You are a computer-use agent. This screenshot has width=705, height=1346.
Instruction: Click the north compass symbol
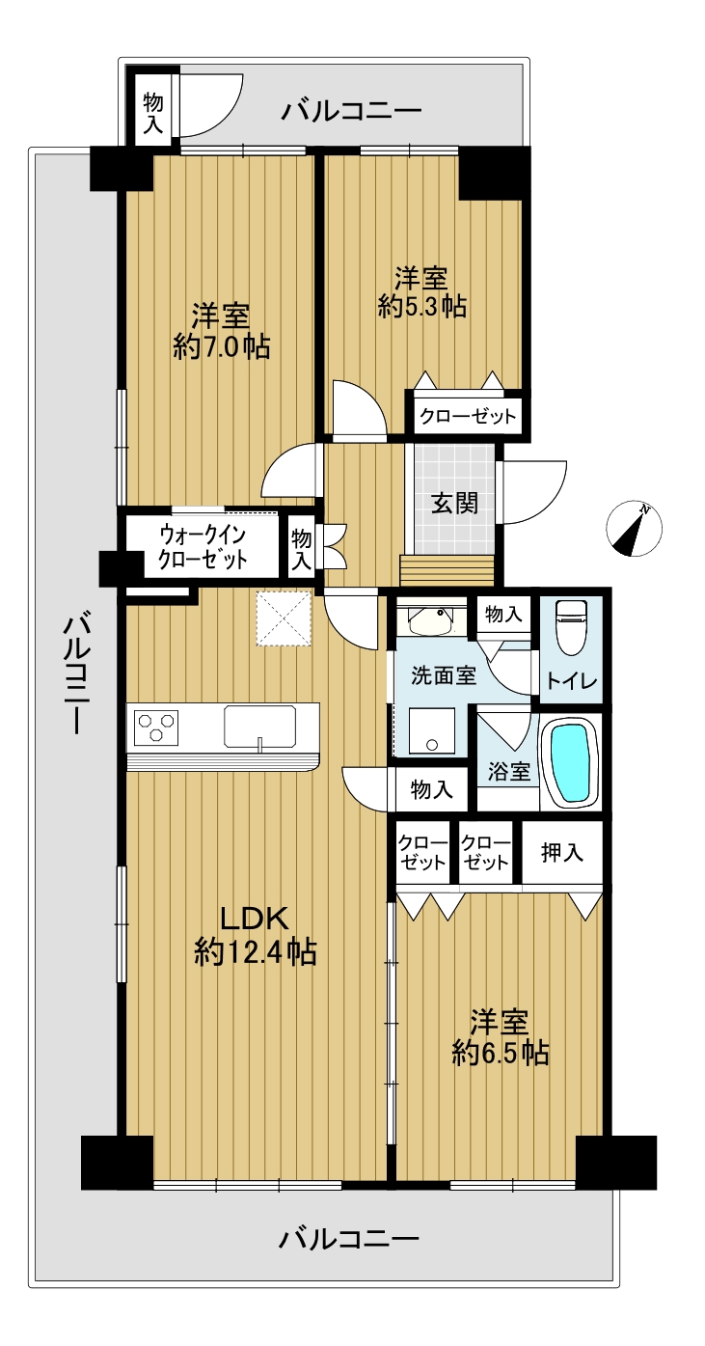coord(634,529)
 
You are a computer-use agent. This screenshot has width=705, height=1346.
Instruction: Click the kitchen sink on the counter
coord(260,728)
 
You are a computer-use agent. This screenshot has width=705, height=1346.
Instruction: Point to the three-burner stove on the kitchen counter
coord(157,727)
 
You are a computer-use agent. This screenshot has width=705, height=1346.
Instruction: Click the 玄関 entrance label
coord(454,504)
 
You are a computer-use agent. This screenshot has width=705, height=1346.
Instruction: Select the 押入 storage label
coord(561,852)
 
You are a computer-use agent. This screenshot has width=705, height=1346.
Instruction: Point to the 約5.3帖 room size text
coord(422,307)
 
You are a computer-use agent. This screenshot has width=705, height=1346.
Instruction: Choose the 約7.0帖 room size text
coord(221,347)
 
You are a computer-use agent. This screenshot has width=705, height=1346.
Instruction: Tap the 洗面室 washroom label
coord(444,675)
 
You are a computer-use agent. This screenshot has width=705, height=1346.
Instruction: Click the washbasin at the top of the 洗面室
coord(432,621)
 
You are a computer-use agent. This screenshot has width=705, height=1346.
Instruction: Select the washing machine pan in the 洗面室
coord(432,730)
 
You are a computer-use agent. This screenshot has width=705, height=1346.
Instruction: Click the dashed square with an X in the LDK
coord(285,618)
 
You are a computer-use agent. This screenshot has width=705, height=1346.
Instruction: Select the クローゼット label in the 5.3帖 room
coord(468,416)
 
